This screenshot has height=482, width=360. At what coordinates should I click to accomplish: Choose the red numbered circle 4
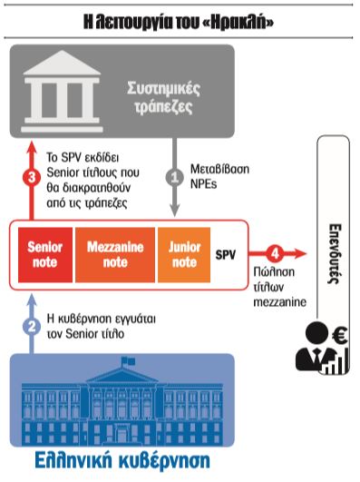click(x=276, y=255)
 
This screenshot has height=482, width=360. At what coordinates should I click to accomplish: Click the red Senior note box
click(x=44, y=254)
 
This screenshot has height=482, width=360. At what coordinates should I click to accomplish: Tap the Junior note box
click(x=182, y=254)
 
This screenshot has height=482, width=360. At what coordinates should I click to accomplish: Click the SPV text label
click(x=226, y=255)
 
